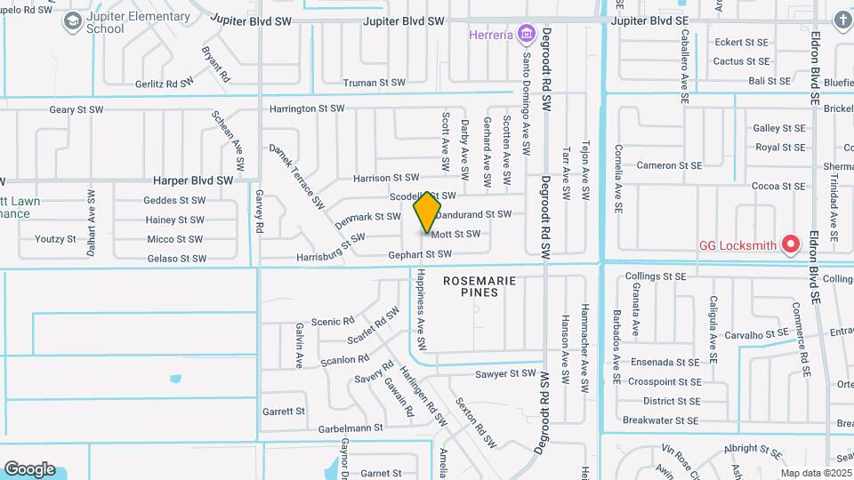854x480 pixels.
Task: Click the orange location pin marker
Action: (x=428, y=212)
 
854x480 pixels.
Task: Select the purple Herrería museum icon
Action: (x=527, y=35)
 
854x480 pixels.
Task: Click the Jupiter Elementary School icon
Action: (x=72, y=23)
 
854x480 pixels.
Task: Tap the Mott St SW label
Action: (x=455, y=234)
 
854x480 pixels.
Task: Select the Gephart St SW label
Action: (x=427, y=254)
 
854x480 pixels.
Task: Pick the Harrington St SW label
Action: (x=308, y=108)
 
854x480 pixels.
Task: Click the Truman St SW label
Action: (x=375, y=83)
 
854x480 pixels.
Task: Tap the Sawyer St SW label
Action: (x=505, y=374)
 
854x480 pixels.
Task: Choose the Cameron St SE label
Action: (x=669, y=165)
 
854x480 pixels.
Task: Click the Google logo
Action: (x=29, y=468)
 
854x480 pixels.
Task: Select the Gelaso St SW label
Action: (x=176, y=259)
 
